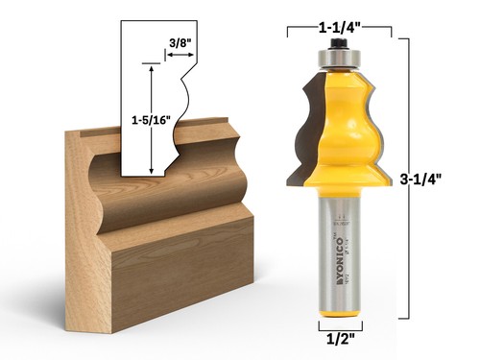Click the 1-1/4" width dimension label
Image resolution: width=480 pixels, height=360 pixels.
[x=339, y=12]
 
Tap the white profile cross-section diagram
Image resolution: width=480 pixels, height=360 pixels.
[x=154, y=106]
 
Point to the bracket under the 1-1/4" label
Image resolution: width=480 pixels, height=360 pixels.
[x=339, y=29]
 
